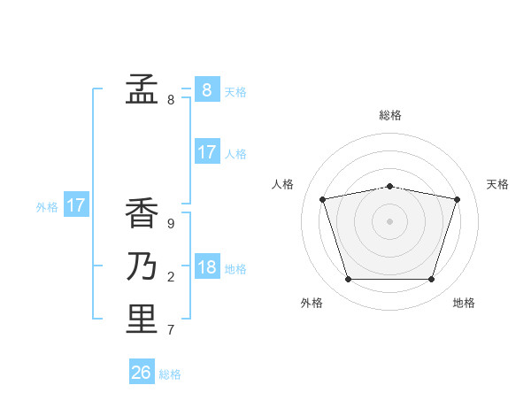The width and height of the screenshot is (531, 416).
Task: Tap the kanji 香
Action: [141, 214]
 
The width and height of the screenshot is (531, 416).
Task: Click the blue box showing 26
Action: [142, 373]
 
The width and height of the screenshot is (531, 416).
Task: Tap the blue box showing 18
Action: [206, 267]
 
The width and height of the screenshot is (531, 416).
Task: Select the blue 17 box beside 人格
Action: [206, 152]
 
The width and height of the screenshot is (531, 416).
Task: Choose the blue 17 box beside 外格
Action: [76, 206]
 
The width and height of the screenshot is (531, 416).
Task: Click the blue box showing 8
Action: [206, 89]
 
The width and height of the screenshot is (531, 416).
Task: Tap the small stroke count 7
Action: [171, 330]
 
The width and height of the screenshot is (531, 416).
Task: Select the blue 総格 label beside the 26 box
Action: [170, 374]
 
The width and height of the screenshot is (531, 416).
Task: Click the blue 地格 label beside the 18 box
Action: [235, 269]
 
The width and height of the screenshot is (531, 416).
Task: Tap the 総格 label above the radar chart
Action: [390, 115]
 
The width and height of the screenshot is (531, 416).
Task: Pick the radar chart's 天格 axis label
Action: [498, 184]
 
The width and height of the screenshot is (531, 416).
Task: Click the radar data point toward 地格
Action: [431, 280]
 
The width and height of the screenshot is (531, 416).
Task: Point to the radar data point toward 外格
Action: [348, 280]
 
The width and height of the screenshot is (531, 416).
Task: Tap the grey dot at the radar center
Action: [389, 221]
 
